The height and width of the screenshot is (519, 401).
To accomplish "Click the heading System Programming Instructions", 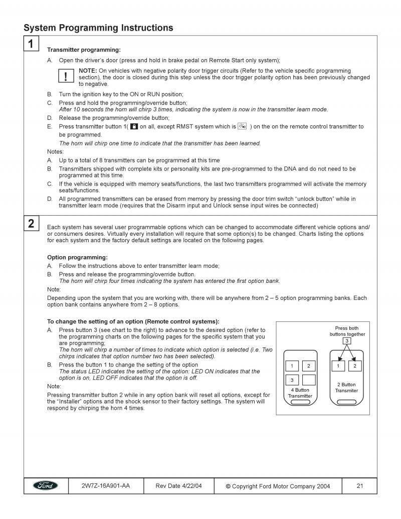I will pos(98,28).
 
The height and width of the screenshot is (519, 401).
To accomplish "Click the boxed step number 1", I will pos(31,44).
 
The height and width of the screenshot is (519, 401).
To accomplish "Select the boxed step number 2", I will pos(31,224).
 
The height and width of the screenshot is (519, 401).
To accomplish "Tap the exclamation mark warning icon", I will pos(66,76).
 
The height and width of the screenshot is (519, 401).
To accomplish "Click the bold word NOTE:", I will pos(88,71).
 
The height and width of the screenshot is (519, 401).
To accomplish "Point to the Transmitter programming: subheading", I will pos(84,50).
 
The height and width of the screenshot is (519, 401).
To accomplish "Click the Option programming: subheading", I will pos(77,257).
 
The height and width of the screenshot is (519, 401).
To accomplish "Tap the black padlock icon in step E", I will pos(134,126).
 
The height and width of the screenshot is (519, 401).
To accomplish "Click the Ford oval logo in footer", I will pos(46,485).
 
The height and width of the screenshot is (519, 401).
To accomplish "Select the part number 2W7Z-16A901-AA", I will pos(105,485).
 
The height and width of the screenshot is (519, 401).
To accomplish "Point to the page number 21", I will pos(359,486).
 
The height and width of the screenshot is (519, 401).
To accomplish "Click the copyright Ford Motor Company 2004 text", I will pos(278,486).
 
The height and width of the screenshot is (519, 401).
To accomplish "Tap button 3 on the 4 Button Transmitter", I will pos(292,380).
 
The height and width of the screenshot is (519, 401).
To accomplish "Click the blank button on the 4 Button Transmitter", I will pos(309,380).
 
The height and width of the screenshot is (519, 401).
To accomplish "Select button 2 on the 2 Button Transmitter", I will pos(354,366).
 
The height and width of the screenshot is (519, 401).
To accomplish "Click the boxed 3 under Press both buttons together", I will pos(346,341).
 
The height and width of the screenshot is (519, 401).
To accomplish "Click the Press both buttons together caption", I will pos(347,331).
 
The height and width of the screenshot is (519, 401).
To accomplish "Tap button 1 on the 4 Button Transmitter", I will pos(292,366).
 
